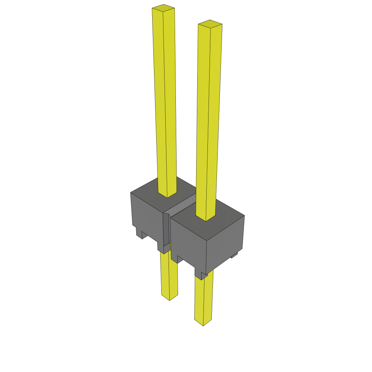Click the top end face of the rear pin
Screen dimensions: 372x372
[163, 7]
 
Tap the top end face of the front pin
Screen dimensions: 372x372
[210, 24]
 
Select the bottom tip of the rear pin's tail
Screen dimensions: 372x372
[170, 299]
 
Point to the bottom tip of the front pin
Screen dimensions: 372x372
[203, 324]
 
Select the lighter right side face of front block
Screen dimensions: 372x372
[225, 243]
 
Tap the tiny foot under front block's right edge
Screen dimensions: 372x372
[235, 256]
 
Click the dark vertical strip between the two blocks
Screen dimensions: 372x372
[166, 229]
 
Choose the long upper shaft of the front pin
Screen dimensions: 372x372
[209, 120]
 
